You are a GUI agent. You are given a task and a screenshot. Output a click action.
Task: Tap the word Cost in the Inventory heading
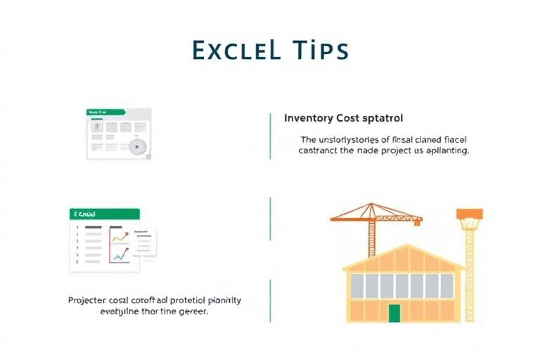click(352, 118)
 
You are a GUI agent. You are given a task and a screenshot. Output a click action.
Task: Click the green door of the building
click(394, 313)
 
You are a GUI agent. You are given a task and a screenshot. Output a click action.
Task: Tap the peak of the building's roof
click(403, 245)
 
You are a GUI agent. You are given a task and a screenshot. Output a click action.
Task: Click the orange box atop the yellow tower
click(469, 214)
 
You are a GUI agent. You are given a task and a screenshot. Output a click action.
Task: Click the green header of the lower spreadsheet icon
click(105, 214)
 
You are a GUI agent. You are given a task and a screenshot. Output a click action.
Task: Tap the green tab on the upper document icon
click(105, 112)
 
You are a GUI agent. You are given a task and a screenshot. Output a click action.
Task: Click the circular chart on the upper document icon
click(136, 147)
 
